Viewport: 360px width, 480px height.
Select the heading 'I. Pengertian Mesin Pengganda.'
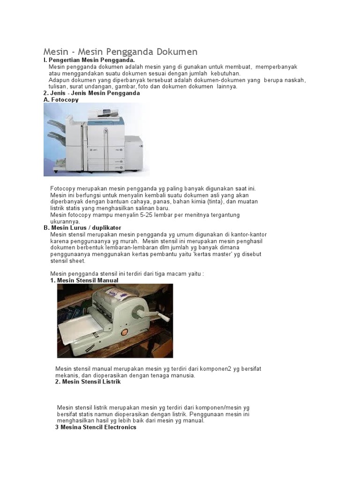click(x=89, y=60)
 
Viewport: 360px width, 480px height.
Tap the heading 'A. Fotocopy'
click(x=61, y=100)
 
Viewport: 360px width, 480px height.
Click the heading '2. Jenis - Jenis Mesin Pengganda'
click(x=91, y=93)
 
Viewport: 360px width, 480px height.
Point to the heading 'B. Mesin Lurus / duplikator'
click(x=82, y=228)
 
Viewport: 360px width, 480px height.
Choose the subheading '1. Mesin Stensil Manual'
click(x=84, y=280)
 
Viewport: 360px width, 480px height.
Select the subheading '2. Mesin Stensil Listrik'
click(x=88, y=382)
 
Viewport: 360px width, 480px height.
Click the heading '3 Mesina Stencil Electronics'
click(x=96, y=427)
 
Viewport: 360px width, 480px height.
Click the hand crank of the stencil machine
click(x=157, y=312)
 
